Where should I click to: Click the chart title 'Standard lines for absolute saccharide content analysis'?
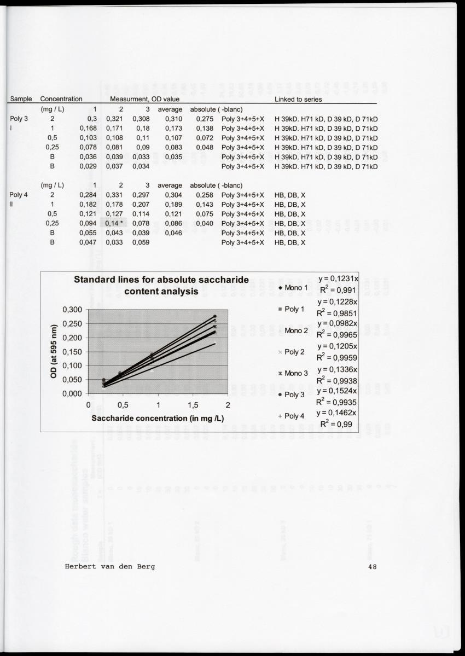coord(161,286)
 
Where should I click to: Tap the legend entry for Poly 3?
coord(294,394)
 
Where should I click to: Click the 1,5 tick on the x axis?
coord(193,405)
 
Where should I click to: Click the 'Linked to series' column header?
coord(298,99)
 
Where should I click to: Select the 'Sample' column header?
coord(21,99)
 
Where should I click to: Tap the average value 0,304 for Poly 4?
coord(173,195)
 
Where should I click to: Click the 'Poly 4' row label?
coord(19,195)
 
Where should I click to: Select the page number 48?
coord(373,566)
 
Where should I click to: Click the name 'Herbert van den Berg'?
coord(109,566)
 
